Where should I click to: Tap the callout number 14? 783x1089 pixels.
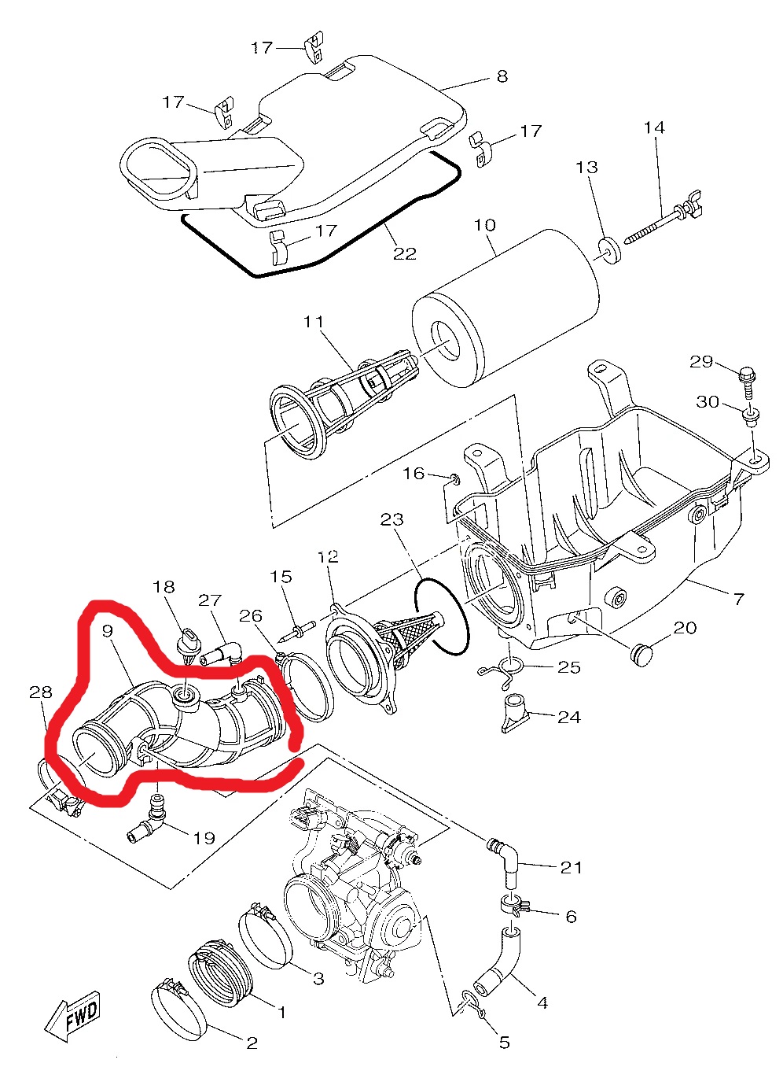click(654, 127)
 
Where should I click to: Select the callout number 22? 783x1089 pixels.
click(404, 253)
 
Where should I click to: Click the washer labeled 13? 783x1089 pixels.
click(608, 249)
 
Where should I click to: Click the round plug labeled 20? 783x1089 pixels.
click(642, 654)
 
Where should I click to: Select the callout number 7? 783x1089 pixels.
click(738, 600)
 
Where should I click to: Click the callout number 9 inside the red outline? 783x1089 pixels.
click(108, 631)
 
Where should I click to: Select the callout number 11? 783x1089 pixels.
click(314, 322)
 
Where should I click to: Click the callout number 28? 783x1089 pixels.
click(40, 692)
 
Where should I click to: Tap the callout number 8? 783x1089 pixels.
click(502, 76)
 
